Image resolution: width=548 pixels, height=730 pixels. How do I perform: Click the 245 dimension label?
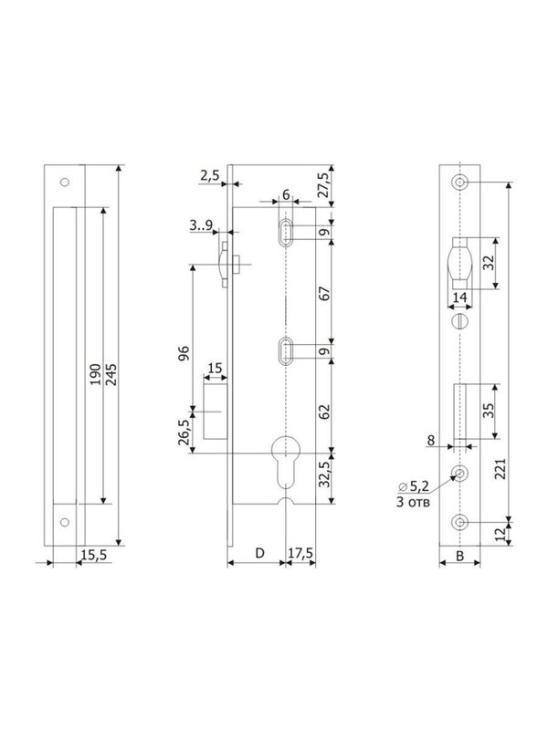click(111, 374)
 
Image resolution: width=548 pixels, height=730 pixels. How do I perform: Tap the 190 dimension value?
click(96, 374)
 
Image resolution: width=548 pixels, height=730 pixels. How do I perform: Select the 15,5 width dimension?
click(94, 555)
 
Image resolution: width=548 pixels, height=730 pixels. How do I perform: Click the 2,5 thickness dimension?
click(210, 175)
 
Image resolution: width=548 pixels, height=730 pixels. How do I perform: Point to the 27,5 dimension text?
click(323, 185)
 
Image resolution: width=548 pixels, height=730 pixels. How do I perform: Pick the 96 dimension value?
click(184, 353)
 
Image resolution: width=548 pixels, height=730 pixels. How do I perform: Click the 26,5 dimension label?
click(184, 432)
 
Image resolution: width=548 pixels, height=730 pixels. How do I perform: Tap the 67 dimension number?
click(324, 293)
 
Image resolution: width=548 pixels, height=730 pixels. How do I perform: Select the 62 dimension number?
click(324, 412)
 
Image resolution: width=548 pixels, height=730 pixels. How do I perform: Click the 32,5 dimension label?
click(324, 474)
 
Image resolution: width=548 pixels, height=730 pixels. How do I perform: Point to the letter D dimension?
click(260, 553)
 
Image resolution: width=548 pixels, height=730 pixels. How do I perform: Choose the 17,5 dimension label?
click(300, 554)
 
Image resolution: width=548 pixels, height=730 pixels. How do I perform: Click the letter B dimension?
click(460, 556)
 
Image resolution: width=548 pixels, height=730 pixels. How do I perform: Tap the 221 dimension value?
click(501, 468)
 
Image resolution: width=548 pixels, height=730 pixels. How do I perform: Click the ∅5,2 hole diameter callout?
click(414, 487)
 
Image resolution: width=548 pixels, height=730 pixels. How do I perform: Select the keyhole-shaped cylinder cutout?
click(286, 462)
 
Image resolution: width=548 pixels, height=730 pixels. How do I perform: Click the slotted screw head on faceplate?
click(460, 321)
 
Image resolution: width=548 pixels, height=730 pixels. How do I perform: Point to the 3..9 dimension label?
click(201, 225)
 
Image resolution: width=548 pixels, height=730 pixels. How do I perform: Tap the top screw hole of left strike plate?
click(65, 182)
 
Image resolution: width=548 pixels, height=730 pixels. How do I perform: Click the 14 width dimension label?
click(459, 297)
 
